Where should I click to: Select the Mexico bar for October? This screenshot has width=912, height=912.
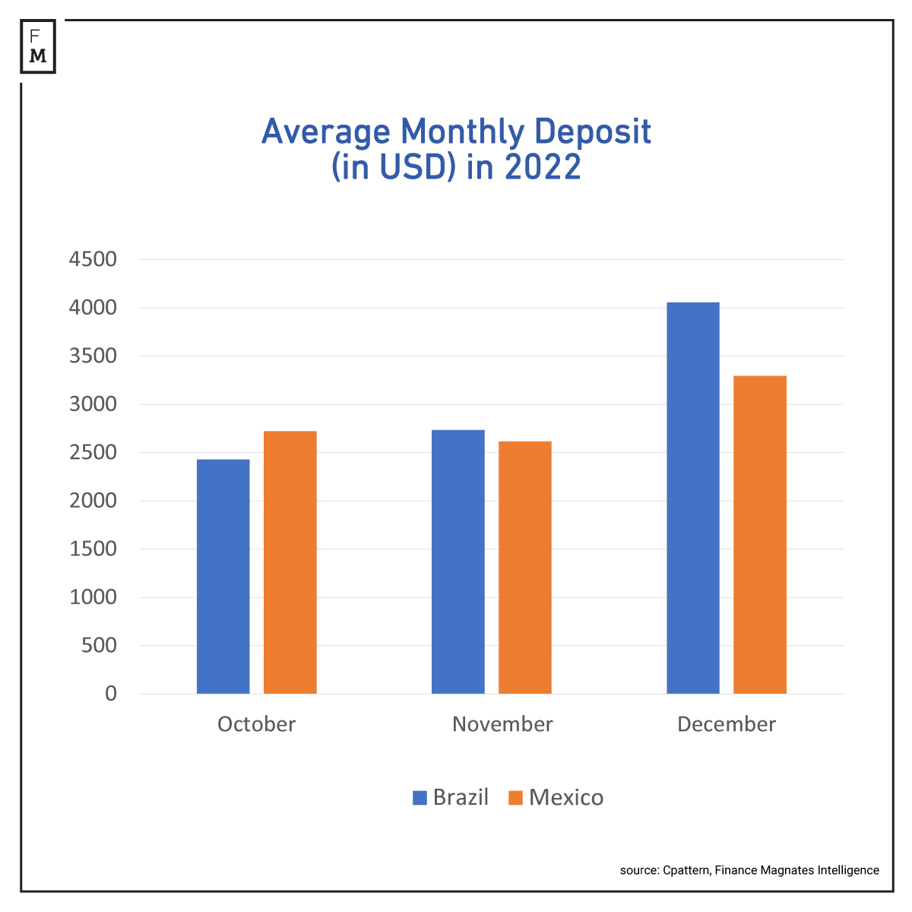(x=290, y=562)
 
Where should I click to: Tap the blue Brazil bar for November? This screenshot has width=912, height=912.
(x=458, y=562)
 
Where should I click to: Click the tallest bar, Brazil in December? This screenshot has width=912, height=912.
(x=692, y=498)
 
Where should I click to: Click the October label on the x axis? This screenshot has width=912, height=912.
(x=256, y=724)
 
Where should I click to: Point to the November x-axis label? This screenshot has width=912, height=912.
(x=502, y=724)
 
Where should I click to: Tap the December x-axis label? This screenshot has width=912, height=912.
(x=726, y=724)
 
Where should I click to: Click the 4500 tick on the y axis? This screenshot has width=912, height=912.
(x=93, y=260)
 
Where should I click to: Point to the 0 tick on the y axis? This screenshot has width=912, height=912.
(x=111, y=694)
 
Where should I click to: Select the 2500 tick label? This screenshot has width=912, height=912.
(x=93, y=453)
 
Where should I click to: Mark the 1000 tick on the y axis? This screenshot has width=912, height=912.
(x=93, y=597)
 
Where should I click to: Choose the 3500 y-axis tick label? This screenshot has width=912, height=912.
(x=93, y=356)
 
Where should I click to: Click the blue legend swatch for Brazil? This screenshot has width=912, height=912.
(x=420, y=797)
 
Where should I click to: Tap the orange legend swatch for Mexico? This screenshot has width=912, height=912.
(x=515, y=797)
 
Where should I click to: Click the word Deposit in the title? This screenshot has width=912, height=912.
(x=592, y=132)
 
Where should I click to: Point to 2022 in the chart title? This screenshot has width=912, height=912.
(x=543, y=167)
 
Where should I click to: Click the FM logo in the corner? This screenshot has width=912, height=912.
(x=38, y=46)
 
